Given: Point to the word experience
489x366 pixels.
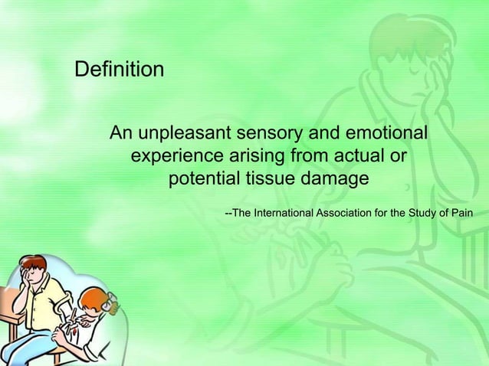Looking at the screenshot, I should click(179, 158).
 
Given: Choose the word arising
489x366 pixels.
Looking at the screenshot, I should click(257, 158).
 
